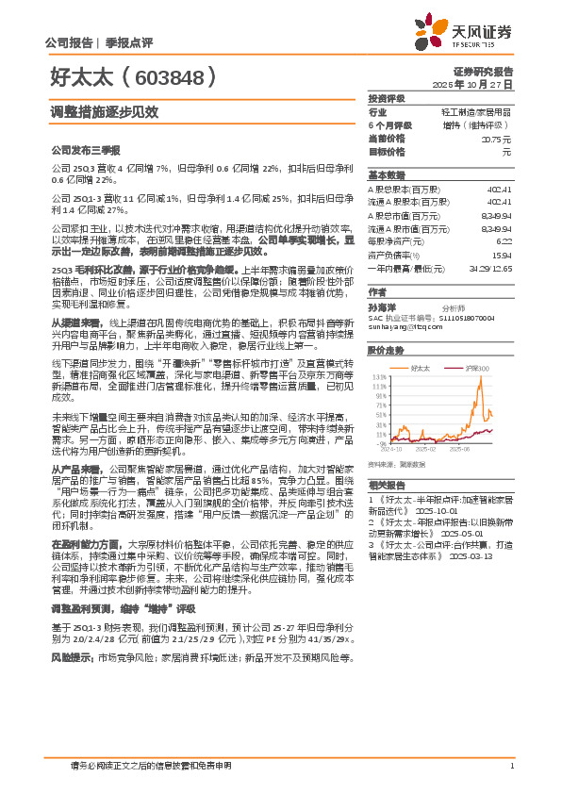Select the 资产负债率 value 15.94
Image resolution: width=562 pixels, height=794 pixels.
503,255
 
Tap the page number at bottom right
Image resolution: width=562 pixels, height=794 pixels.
510,766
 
